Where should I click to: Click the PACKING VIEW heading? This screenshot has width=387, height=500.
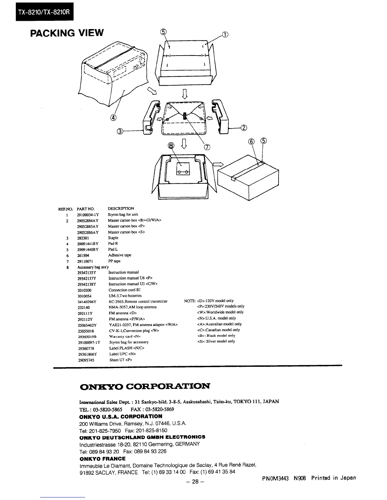pyautogui.click(x=67, y=33)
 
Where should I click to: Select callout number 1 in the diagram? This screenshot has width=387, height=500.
pyautogui.click(x=225, y=34)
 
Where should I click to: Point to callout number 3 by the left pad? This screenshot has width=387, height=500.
pyautogui.click(x=120, y=131)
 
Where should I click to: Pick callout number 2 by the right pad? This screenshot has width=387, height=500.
pyautogui.click(x=244, y=128)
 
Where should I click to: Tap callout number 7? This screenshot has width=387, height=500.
pyautogui.click(x=207, y=146)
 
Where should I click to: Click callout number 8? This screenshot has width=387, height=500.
pyautogui.click(x=171, y=145)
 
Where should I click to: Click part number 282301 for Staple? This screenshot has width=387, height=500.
pyautogui.click(x=83, y=238)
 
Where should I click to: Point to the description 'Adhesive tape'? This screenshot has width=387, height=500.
pyautogui.click(x=120, y=255)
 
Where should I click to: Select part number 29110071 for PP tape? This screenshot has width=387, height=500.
pyautogui.click(x=85, y=261)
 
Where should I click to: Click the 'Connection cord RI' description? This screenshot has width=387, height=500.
pyautogui.click(x=124, y=290)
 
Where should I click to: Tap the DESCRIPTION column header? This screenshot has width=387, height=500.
pyautogui.click(x=121, y=209)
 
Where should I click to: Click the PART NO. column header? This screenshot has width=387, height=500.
pyautogui.click(x=86, y=209)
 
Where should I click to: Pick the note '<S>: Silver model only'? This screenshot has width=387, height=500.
pyautogui.click(x=216, y=341)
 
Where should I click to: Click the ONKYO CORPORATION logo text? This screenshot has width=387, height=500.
pyautogui.click(x=145, y=386)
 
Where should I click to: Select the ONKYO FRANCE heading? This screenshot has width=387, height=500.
pyautogui.click(x=102, y=459)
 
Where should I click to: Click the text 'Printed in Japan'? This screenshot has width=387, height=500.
pyautogui.click(x=333, y=478)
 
